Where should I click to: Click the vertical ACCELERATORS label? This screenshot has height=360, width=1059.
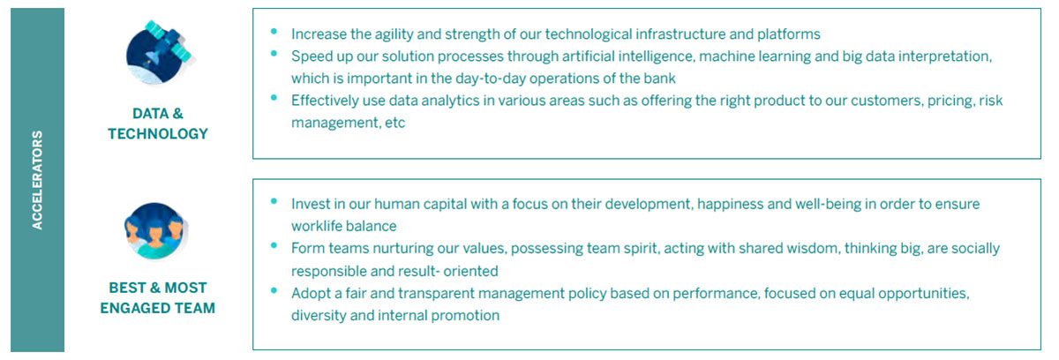pos(37,180)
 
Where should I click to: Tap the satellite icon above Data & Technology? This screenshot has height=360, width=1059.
pos(160,52)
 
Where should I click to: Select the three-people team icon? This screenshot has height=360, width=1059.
pos(156,231)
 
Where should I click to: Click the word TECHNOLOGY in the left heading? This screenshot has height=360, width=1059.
pos(158,134)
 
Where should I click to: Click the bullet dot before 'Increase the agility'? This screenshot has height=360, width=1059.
pos(274,32)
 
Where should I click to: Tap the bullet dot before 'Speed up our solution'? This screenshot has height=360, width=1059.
pos(274,54)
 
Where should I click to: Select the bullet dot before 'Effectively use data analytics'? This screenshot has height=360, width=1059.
pos(274,98)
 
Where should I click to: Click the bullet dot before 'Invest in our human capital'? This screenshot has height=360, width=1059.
pos(274,201)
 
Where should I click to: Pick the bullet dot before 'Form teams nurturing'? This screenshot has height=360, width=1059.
pos(274,245)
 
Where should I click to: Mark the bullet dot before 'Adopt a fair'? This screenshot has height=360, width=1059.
pos(274,290)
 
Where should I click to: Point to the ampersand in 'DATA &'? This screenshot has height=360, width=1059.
pos(177,114)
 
